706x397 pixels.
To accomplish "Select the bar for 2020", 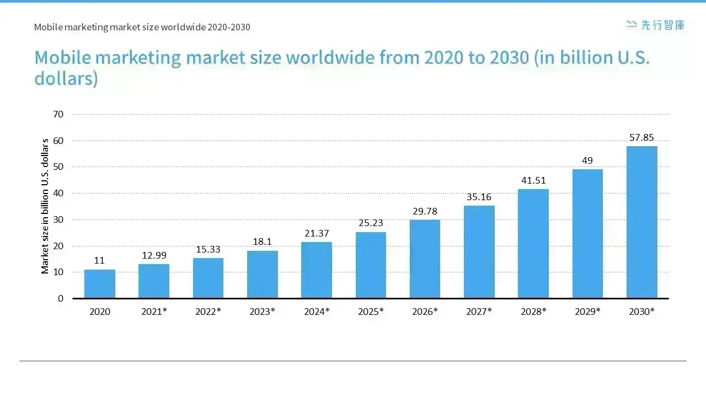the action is pos(100,283).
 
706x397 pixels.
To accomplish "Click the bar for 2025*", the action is pos(371,265).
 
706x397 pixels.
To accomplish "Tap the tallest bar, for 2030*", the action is pos(641,222).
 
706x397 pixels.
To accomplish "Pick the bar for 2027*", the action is pos(479,252).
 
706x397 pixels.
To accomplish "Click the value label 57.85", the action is pos(641,137).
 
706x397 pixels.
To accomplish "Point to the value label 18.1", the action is pos(262,242).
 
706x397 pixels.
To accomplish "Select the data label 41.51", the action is pos(533,180).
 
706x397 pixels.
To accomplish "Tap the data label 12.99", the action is pos(154,255).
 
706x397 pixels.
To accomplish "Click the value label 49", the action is pos(587,160).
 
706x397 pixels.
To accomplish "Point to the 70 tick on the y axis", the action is pos(58,114).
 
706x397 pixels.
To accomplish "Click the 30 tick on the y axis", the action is pos(58,219).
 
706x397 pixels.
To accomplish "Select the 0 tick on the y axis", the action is pos(61,298).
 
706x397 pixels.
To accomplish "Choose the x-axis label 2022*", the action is pos(208,312).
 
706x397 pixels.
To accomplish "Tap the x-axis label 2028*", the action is pos(533,312).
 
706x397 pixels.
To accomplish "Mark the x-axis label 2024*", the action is pos(317,312).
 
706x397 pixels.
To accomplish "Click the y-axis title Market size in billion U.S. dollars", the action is pos(45,206).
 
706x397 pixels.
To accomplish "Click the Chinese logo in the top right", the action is pos(655,25).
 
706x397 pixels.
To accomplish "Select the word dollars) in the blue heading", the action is pos(66,78).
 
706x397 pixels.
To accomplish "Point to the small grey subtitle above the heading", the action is pos(142,27).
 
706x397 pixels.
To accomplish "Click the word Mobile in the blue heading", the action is pos(63,57).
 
